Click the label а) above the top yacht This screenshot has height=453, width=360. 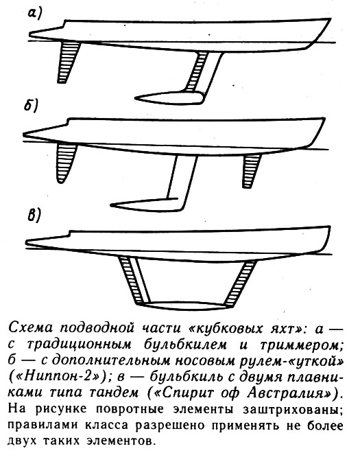[35, 14]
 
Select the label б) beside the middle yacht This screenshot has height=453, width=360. [31, 106]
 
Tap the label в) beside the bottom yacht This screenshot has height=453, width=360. [34, 216]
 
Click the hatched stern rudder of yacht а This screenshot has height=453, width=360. [69, 62]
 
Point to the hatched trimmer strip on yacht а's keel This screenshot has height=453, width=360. [195, 71]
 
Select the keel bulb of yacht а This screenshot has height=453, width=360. [170, 97]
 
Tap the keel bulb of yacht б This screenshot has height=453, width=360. [147, 205]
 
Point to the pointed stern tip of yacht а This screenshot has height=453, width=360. [30, 35]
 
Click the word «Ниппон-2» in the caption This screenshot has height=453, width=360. [58, 377]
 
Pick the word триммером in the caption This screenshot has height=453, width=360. [301, 345]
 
